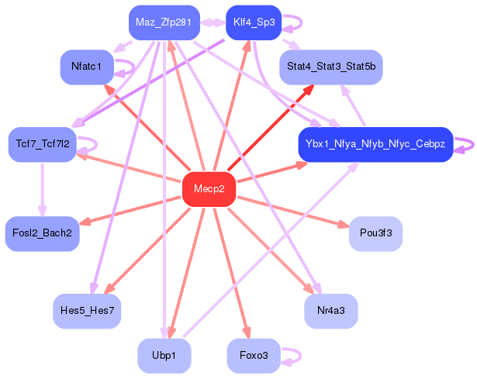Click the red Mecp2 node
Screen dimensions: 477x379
pyautogui.click(x=209, y=189)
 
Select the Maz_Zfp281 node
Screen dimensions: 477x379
pyautogui.click(x=164, y=22)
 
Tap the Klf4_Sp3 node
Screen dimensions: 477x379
pyautogui.click(x=254, y=22)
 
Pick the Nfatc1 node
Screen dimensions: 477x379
pyautogui.click(x=87, y=67)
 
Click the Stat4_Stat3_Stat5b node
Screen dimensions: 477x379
pyautogui.click(x=331, y=67)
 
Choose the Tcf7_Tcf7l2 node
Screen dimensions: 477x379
pyautogui.click(x=43, y=144)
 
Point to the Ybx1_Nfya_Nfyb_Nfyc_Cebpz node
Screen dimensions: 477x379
pyautogui.click(x=375, y=144)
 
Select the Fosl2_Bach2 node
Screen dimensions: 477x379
pyautogui.click(x=43, y=234)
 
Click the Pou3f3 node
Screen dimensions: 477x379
pyautogui.click(x=375, y=234)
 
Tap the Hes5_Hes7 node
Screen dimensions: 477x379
pyautogui.click(x=87, y=311)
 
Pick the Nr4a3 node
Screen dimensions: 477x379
pyautogui.click(x=331, y=311)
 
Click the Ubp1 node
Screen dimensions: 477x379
pyautogui.click(x=164, y=356)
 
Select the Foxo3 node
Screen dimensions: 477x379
pyautogui.click(x=254, y=356)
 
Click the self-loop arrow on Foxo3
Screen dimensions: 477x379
pyautogui.click(x=301, y=356)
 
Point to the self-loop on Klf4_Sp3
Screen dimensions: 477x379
pyautogui.click(x=302, y=22)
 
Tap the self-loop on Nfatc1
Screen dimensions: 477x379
pyautogui.click(x=134, y=67)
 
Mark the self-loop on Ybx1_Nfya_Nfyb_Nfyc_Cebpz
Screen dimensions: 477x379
pyautogui.click(x=473, y=144)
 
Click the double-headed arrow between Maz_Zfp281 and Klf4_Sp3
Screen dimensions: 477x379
pyautogui.click(x=213, y=22)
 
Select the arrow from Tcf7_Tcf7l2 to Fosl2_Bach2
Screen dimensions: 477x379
pyautogui.click(x=43, y=190)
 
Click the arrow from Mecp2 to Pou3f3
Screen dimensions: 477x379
pyautogui.click(x=293, y=212)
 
